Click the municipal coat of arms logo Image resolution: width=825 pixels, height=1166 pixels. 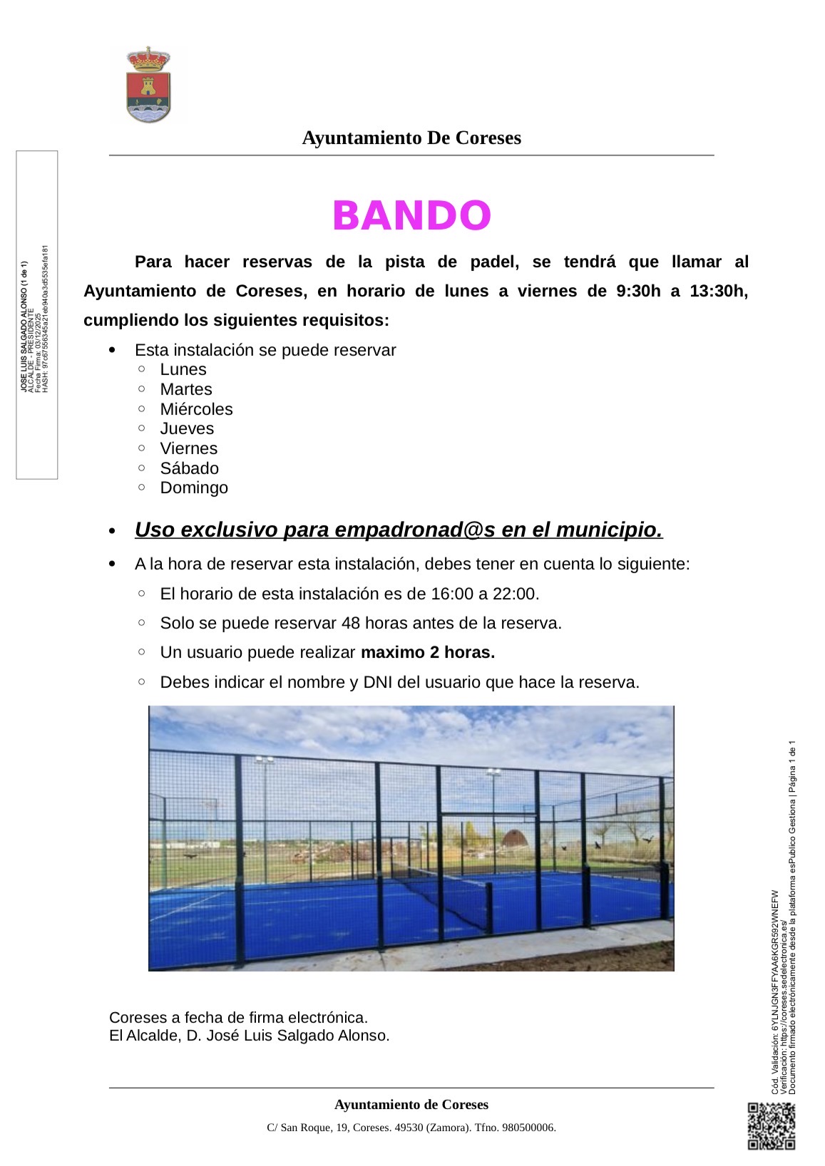tap(148, 85)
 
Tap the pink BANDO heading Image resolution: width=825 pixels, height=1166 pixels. tap(411, 215)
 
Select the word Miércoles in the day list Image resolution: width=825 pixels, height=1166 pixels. tap(196, 409)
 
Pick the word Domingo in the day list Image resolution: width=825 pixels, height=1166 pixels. tap(194, 487)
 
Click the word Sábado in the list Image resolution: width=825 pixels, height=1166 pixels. tap(189, 468)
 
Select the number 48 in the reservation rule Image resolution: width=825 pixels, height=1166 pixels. tap(351, 623)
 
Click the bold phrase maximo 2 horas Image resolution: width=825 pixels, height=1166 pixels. tap(428, 652)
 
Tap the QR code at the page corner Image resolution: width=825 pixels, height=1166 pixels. tap(771, 1125)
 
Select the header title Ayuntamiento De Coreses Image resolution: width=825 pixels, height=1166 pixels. tap(411, 138)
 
